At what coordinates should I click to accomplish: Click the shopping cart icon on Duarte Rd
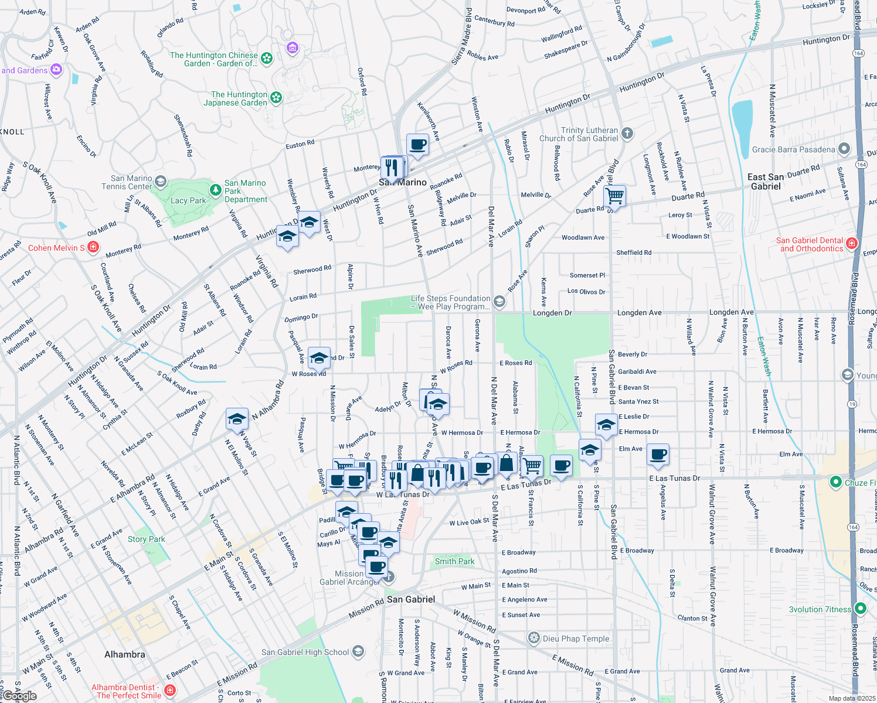point(614,196)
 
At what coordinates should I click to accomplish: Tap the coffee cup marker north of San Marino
point(417,145)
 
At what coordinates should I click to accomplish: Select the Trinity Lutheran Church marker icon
point(627,133)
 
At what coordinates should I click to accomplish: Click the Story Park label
point(147,539)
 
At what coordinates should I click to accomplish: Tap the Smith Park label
point(454,561)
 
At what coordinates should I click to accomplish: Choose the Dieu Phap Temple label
point(576,639)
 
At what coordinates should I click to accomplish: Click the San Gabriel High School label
point(305,652)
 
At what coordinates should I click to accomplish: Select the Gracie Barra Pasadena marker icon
point(844,149)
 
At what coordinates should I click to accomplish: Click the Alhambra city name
point(124,654)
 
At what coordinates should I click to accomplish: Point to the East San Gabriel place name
point(766,182)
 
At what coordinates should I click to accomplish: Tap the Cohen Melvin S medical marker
point(93,248)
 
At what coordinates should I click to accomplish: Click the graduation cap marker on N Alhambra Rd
point(237,419)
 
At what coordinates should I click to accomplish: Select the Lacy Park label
point(188,200)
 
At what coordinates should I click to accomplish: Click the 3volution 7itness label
point(820,609)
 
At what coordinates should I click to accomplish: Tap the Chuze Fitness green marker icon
point(835,482)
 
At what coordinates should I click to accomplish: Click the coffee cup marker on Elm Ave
point(658,455)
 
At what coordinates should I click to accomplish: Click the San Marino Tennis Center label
point(131,182)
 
